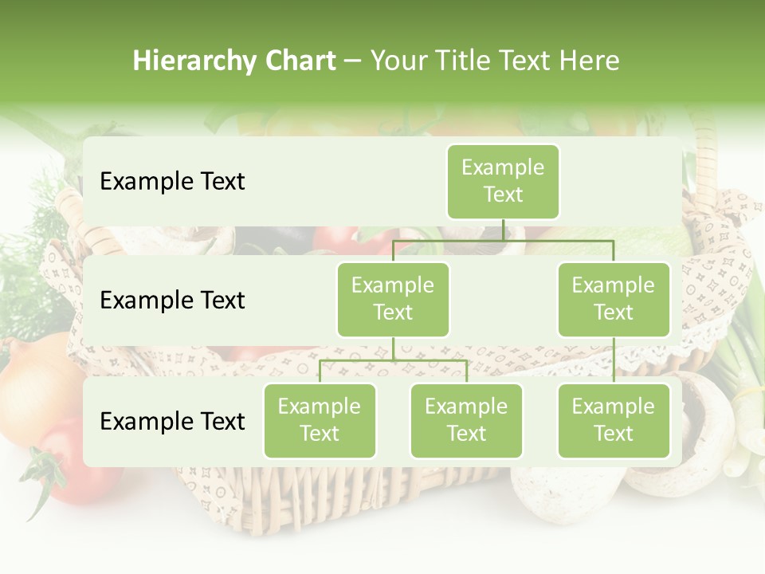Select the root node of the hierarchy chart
503,181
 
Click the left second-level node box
393,299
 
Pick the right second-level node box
614,299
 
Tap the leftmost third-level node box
320,420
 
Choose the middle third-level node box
466,420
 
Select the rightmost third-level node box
614,420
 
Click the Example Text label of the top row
172,181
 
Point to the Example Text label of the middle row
172,300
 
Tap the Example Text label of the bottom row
172,421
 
